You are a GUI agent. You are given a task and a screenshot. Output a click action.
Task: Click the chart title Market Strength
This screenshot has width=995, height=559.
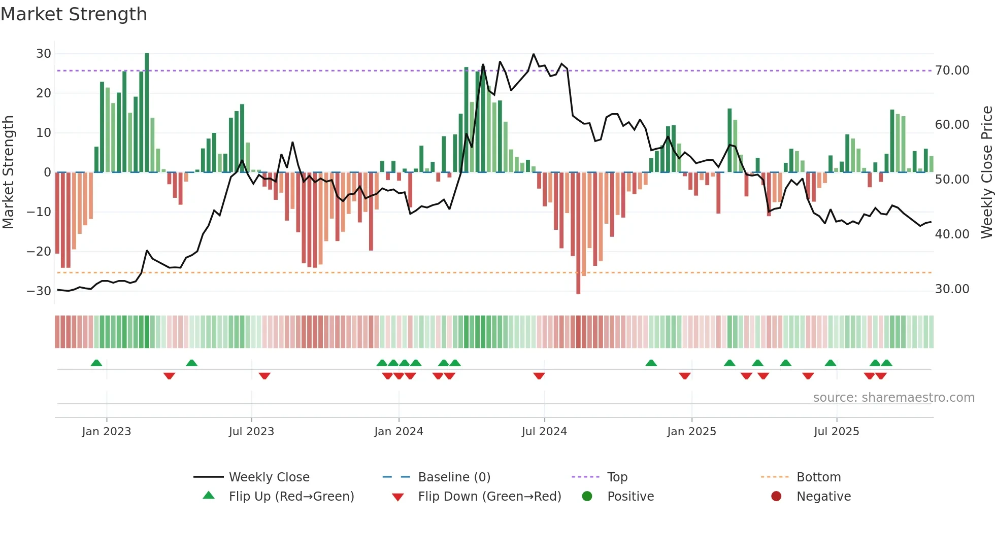(x=74, y=14)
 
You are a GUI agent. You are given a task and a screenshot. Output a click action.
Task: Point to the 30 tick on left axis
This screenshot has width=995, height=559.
(x=44, y=54)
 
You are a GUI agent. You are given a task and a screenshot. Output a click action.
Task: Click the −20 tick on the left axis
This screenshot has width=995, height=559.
(x=39, y=252)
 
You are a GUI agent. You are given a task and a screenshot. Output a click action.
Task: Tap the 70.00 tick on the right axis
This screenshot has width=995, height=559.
(x=952, y=71)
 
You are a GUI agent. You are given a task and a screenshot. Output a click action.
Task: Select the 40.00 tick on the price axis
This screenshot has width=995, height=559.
(x=952, y=234)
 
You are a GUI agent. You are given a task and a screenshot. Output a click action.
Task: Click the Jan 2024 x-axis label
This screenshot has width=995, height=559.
(x=399, y=432)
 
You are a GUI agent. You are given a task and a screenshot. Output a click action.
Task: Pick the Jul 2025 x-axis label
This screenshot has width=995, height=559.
(x=836, y=432)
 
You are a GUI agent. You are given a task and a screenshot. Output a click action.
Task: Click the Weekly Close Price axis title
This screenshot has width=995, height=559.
(x=986, y=172)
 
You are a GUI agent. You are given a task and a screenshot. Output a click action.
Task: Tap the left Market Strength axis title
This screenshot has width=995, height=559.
(x=9, y=172)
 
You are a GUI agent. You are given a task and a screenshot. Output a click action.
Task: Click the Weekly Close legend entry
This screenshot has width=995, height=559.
(x=269, y=477)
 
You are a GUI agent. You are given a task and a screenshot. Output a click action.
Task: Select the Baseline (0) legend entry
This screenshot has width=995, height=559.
(x=454, y=477)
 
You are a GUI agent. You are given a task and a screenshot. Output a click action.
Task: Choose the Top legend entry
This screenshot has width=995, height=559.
(x=617, y=477)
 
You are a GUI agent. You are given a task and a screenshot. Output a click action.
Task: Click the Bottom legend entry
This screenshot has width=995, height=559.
(x=818, y=477)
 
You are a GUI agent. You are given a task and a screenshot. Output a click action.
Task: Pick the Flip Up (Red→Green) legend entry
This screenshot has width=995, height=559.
(x=291, y=497)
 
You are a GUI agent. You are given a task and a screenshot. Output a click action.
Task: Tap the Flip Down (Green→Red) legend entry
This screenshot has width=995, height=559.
(x=489, y=497)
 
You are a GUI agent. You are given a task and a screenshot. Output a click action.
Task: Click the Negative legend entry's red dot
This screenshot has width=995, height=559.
(x=776, y=497)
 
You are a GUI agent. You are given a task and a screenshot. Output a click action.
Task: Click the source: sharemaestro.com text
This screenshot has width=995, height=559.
(x=893, y=398)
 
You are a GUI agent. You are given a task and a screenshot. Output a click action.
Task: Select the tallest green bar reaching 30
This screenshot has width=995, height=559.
(x=147, y=112)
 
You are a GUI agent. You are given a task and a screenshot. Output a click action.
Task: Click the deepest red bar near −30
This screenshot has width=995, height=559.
(x=578, y=233)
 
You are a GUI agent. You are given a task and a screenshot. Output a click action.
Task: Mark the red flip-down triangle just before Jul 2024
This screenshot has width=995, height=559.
(x=539, y=376)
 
